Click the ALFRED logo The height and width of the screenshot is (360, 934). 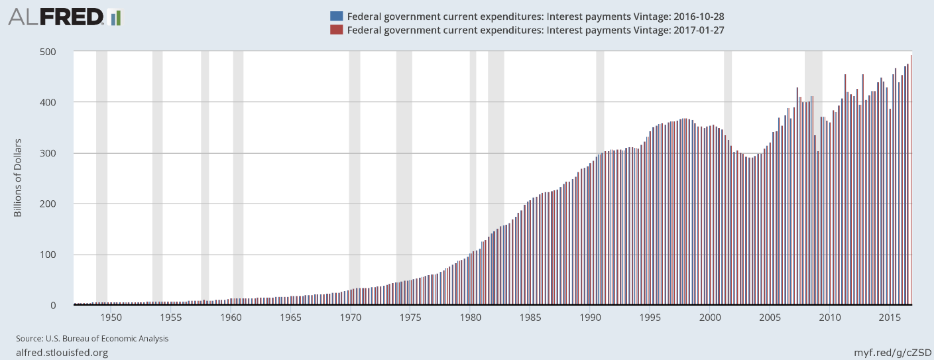tap(56, 17)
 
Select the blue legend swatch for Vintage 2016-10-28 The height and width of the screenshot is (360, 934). tap(337, 15)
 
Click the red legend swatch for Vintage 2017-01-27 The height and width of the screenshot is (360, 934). tap(337, 30)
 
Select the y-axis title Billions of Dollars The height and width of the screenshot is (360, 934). tap(18, 178)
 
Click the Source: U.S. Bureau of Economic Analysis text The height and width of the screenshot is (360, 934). tap(92, 339)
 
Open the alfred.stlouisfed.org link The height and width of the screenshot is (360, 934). tap(62, 353)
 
